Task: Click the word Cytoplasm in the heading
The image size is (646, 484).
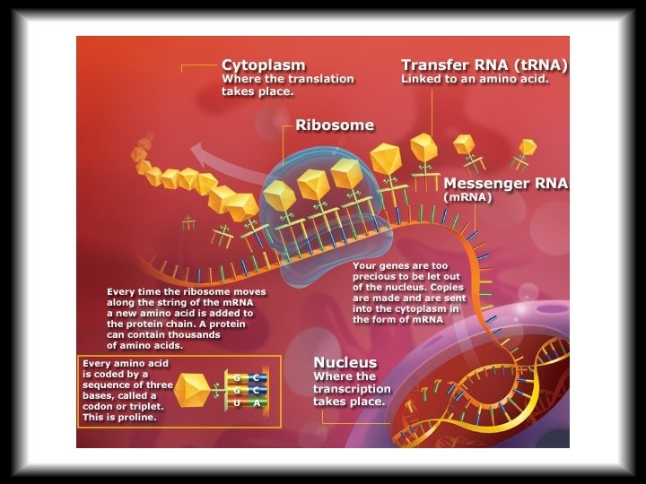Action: tap(263, 65)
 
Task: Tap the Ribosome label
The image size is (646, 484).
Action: tap(335, 125)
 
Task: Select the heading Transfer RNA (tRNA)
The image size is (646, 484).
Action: tap(484, 65)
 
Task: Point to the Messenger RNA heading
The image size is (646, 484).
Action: tap(505, 184)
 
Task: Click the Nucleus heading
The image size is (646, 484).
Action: tap(345, 362)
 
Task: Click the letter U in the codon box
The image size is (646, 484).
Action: tap(236, 404)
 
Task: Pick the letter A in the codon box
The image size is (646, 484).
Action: tap(256, 404)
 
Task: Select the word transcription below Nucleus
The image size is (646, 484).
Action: tap(352, 389)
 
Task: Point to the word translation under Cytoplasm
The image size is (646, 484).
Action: tap(320, 79)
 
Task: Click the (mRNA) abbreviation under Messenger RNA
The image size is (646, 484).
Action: tap(467, 198)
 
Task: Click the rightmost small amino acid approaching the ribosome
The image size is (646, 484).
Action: tap(528, 147)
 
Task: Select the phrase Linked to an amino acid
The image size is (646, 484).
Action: tap(475, 79)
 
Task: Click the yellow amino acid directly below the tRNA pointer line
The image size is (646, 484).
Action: tap(424, 147)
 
